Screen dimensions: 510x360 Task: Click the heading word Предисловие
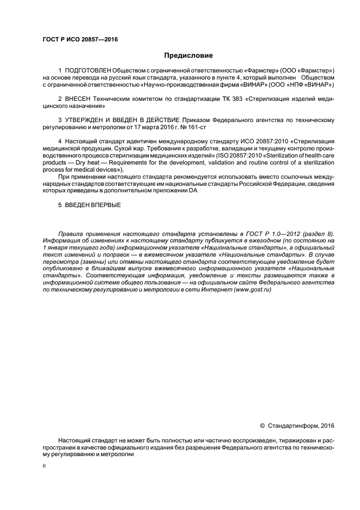pos(188,55)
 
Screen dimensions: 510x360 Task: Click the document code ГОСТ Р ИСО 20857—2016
pos(80,39)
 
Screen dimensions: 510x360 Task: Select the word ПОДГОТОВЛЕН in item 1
pos(88,71)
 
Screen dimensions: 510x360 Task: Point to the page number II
pos(44,466)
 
